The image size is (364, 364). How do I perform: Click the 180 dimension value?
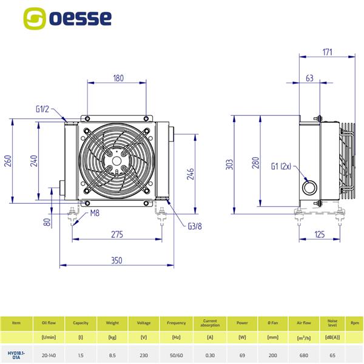[x=118, y=78]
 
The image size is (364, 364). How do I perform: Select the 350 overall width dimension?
[x=116, y=260]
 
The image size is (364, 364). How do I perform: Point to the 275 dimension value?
[x=117, y=234]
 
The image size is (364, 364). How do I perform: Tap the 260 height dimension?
[x=8, y=161]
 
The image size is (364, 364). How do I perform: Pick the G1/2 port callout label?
[x=42, y=110]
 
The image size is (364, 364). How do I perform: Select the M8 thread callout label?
[x=95, y=213]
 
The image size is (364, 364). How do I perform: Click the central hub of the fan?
[x=117, y=161]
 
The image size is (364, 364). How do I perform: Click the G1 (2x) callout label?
[x=282, y=165]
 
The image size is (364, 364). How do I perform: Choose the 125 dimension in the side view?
[x=320, y=234]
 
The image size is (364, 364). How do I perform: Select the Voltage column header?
[x=144, y=323]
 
